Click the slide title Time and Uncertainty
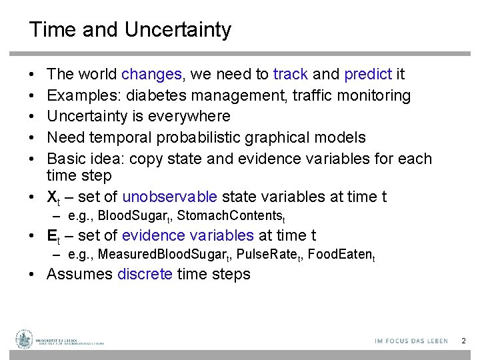click(130, 30)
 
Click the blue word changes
click(151, 75)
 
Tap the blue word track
click(290, 75)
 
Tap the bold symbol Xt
click(53, 197)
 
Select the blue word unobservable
click(169, 197)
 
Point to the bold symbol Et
click(53, 236)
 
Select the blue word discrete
click(144, 275)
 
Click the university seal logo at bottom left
click(25, 339)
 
